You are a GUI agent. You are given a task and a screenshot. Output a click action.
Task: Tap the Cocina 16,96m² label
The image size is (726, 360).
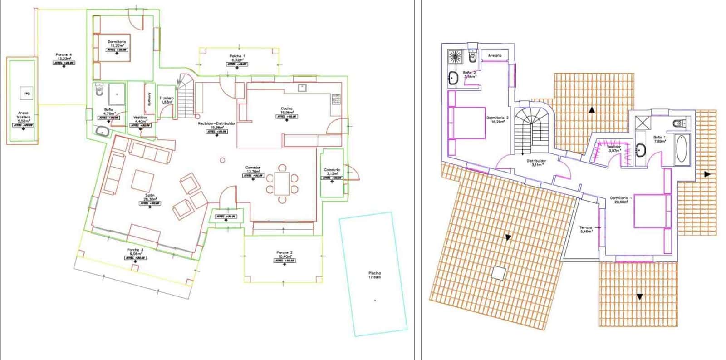point(287,110)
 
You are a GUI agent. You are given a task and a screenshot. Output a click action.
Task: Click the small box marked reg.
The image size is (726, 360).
point(27,94)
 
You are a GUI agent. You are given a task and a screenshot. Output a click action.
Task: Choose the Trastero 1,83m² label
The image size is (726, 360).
point(167,100)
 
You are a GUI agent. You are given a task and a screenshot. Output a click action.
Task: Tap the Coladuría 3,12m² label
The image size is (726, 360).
point(332,172)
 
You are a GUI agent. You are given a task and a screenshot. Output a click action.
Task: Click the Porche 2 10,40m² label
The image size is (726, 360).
point(285,254)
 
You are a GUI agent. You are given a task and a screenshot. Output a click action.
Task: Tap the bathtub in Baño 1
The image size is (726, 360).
point(681,148)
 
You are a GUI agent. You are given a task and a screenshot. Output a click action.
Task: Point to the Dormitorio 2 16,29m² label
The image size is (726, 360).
point(498,120)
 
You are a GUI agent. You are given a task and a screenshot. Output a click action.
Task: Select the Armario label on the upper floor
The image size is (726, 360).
point(495,55)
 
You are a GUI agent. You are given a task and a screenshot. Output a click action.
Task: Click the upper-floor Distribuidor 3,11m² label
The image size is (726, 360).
point(536,163)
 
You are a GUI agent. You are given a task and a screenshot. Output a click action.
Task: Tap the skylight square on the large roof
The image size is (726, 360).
point(498,273)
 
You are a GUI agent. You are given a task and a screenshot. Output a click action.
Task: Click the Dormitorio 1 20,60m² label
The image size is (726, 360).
point(621,200)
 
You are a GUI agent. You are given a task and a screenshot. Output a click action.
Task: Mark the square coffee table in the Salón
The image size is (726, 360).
point(143,181)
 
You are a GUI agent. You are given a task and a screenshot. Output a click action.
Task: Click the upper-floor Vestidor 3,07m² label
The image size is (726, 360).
point(614,149)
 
